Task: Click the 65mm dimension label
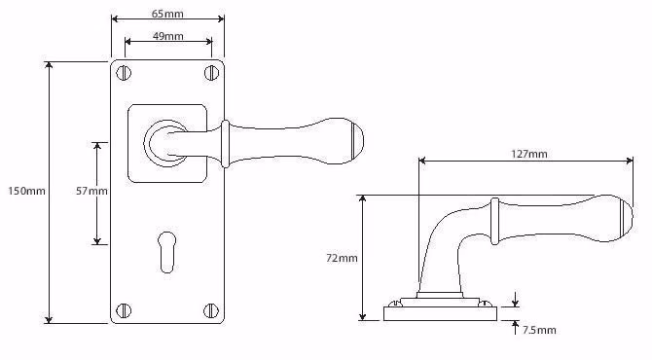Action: pos(167,14)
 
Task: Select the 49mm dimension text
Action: pos(168,36)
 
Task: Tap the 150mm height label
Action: pos(26,191)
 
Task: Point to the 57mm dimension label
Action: pos(91,191)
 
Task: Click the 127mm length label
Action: pos(529,155)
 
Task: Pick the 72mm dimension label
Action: pos(342,258)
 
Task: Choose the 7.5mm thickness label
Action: pos(539,330)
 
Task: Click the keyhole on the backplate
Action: pos(166,252)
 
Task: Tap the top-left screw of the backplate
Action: pos(124,73)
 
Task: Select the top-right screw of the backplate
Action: pos(211,73)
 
